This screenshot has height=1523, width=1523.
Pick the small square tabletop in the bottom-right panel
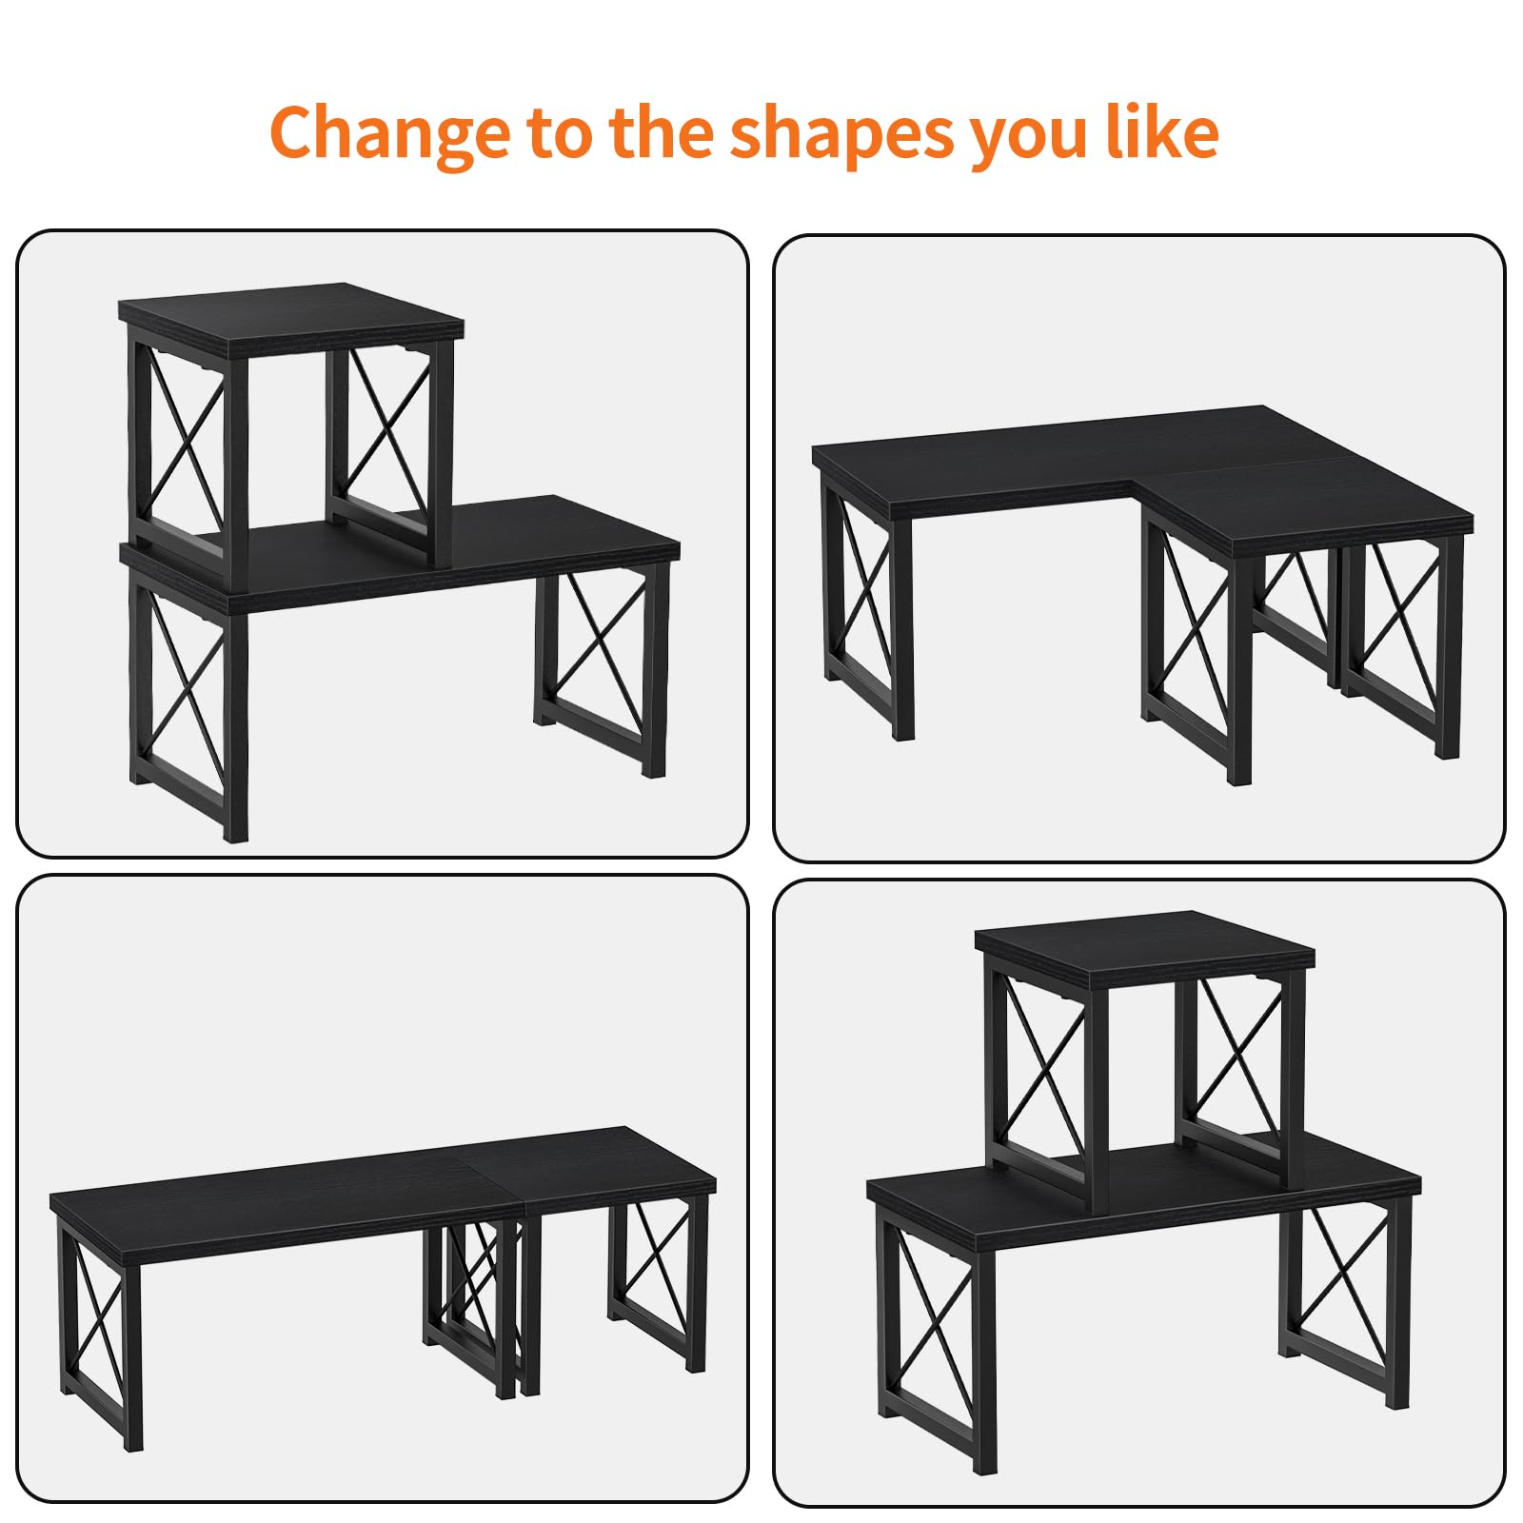coord(1145,940)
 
